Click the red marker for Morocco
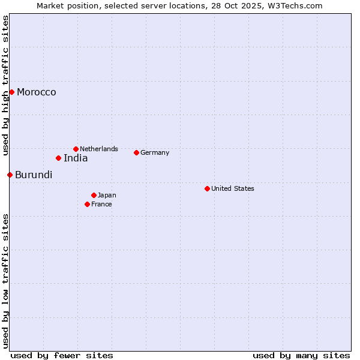point(11,92)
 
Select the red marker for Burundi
point(10,175)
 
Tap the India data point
point(58,158)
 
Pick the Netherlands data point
point(76,149)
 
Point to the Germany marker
point(136,152)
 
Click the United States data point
point(207,188)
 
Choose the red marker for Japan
point(94,195)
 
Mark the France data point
point(87,204)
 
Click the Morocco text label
point(37,92)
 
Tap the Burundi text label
point(34,175)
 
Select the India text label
point(76,158)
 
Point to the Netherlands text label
point(99,149)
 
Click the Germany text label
point(155,152)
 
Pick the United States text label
point(233,188)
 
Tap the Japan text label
point(107,195)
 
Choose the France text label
point(101,204)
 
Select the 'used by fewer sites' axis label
point(62,355)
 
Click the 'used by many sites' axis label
point(301,355)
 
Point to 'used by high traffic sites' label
point(5,85)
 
